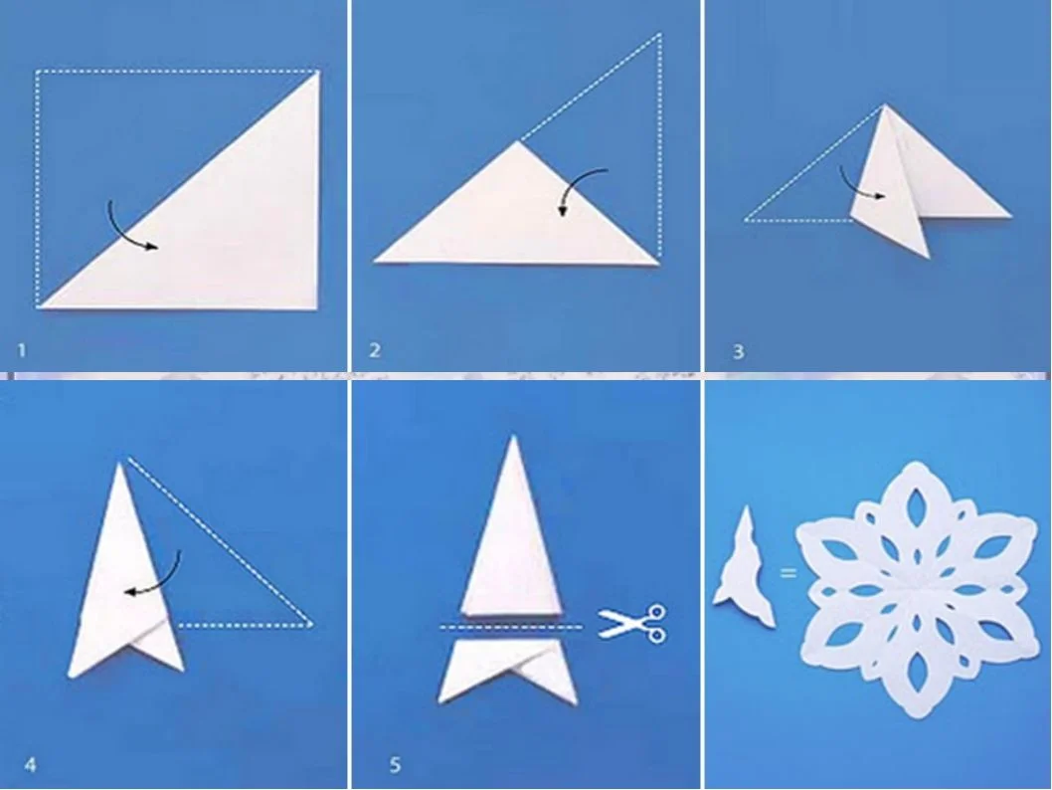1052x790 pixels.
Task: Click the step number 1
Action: point(22,350)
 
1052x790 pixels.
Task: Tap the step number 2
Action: point(375,349)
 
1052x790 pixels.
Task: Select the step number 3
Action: point(739,351)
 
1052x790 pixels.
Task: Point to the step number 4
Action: point(30,764)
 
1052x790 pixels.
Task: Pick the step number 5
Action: point(395,764)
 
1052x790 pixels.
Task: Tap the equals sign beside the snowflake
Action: point(789,572)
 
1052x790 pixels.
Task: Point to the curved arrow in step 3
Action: point(851,188)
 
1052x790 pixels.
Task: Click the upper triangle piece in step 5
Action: point(511,537)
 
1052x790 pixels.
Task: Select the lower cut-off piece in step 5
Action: point(507,669)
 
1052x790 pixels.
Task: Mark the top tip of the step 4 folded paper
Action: point(121,463)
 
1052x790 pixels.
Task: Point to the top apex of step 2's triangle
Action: point(517,140)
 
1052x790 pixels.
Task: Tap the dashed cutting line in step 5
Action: point(511,628)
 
